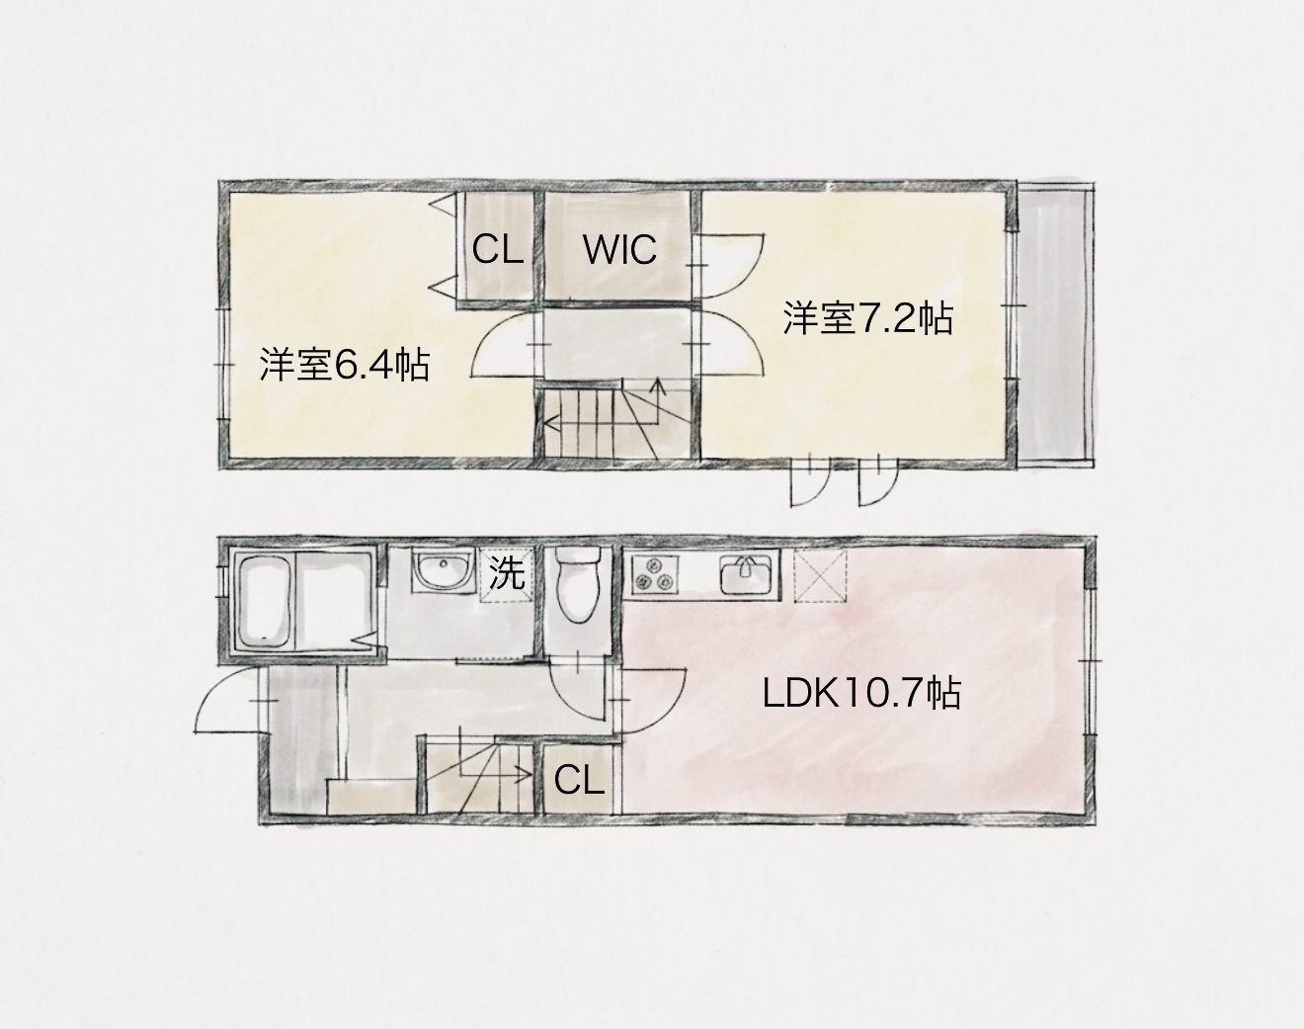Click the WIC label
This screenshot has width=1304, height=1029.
coord(619,249)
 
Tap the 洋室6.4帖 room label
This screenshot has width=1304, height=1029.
coord(345,365)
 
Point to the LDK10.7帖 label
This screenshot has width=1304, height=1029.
coord(861,694)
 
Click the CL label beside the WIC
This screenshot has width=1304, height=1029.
coord(498,249)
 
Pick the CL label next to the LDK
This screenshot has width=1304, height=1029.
coord(579,780)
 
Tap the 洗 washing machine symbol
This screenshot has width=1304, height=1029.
coord(507,574)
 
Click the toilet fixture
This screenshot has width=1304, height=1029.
coord(578,583)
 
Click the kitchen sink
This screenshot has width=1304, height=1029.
coord(746,574)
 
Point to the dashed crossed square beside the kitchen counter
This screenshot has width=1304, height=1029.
coord(819,574)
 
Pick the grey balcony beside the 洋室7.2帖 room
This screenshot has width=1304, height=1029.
coord(1056,325)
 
